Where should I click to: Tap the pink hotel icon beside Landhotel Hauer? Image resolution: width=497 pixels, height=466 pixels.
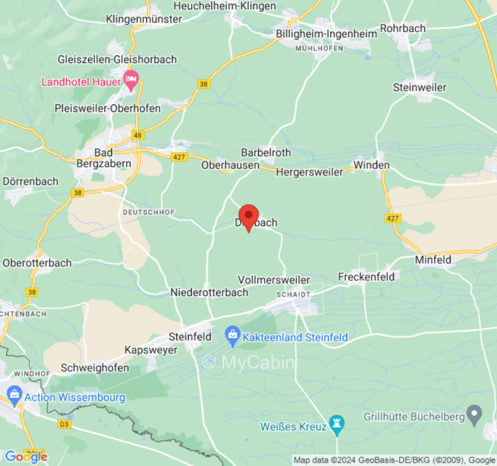click(x=131, y=81)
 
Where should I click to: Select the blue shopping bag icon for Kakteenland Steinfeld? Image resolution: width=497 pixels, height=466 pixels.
click(x=232, y=336)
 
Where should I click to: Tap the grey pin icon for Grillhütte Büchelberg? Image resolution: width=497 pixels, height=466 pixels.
click(x=475, y=415)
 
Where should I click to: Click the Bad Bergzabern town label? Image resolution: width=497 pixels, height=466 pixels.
click(x=104, y=158)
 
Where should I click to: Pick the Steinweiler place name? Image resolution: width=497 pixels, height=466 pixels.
click(x=420, y=87)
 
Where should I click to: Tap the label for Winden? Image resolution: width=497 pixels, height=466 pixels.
click(x=371, y=165)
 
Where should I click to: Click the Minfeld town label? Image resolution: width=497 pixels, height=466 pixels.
click(x=433, y=260)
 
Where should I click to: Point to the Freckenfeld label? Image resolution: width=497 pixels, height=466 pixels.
click(x=366, y=276)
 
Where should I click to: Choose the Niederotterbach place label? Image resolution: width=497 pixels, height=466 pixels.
click(x=209, y=292)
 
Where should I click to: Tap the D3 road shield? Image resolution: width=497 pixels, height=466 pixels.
click(x=64, y=424)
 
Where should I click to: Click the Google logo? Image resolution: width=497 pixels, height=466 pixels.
click(x=26, y=457)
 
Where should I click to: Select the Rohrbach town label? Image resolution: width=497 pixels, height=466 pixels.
click(x=403, y=28)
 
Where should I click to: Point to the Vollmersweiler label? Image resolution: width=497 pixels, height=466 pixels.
click(x=274, y=280)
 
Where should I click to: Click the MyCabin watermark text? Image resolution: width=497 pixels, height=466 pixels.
click(x=249, y=362)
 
